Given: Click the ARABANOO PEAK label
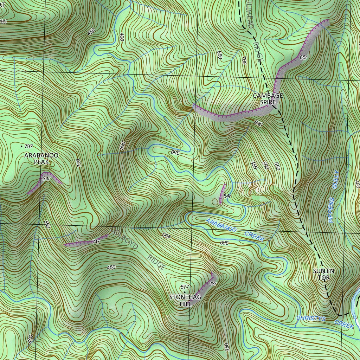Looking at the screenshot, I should point(41,159).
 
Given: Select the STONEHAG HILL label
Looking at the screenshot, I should point(185,301).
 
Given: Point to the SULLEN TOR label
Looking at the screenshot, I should point(323,274).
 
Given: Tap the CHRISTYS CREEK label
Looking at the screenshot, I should point(324,321).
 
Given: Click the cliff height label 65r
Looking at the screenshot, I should point(304,57).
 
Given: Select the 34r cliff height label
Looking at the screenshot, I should point(46,179).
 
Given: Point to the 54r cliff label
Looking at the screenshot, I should point(227,196).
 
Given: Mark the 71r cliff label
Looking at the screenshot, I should point(95,242).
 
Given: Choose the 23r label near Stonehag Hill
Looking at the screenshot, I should point(212,284).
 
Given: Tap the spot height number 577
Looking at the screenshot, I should point(185,287).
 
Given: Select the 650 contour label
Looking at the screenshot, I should point(220,55).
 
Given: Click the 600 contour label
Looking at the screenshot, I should point(258,124).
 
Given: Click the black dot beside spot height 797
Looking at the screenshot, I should point(22,146).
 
